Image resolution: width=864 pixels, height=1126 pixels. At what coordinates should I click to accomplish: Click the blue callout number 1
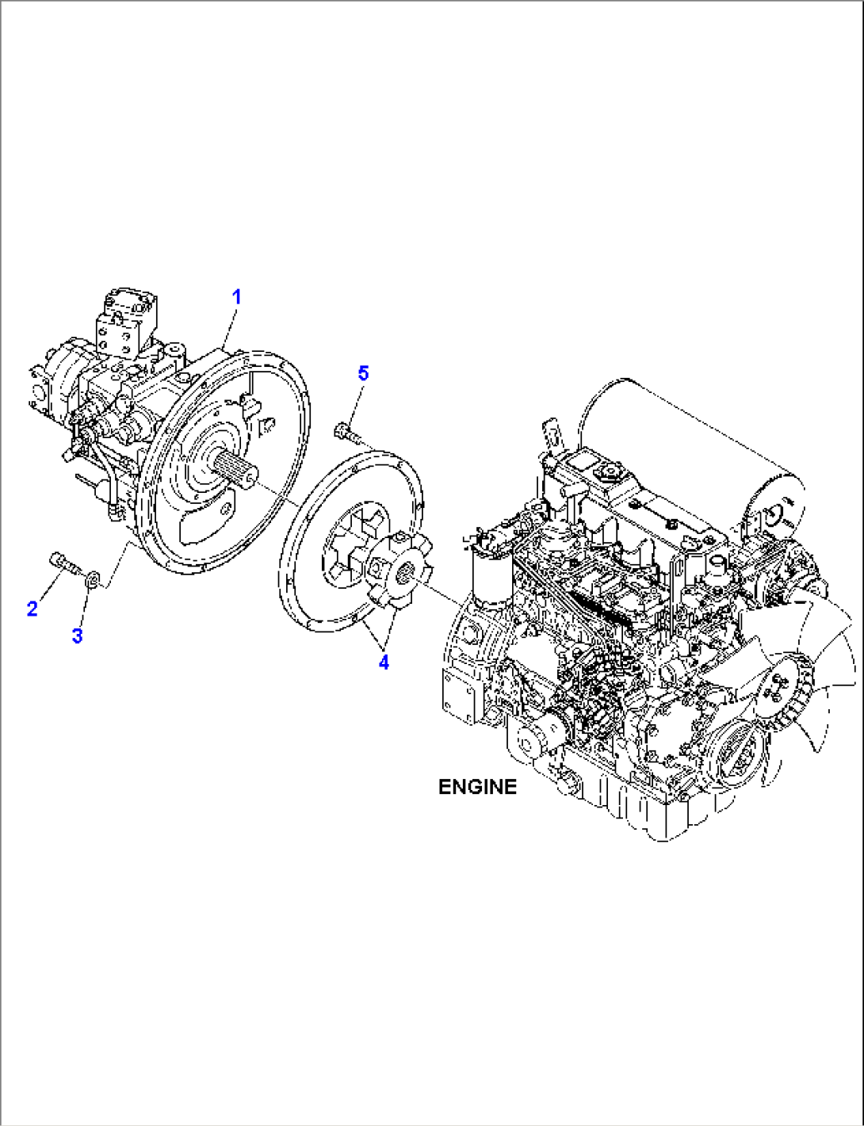(236, 297)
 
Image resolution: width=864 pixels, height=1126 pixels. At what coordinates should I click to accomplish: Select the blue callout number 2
(32, 609)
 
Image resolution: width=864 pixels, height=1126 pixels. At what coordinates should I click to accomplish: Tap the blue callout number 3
(77, 636)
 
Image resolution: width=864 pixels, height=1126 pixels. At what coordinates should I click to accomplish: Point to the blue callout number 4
(384, 662)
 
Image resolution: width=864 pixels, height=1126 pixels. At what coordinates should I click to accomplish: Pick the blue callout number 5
(363, 373)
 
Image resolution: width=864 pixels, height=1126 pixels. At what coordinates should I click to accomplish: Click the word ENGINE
(477, 787)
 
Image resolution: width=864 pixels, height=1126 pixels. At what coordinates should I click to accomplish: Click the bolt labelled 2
(65, 563)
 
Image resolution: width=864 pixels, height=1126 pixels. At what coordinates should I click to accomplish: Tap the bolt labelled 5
(348, 432)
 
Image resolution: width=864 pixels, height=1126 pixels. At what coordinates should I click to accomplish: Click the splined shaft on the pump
(235, 469)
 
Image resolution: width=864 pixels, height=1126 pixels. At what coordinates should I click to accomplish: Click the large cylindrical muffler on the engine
(690, 456)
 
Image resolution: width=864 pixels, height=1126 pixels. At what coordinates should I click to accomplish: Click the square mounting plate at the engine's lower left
(459, 695)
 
